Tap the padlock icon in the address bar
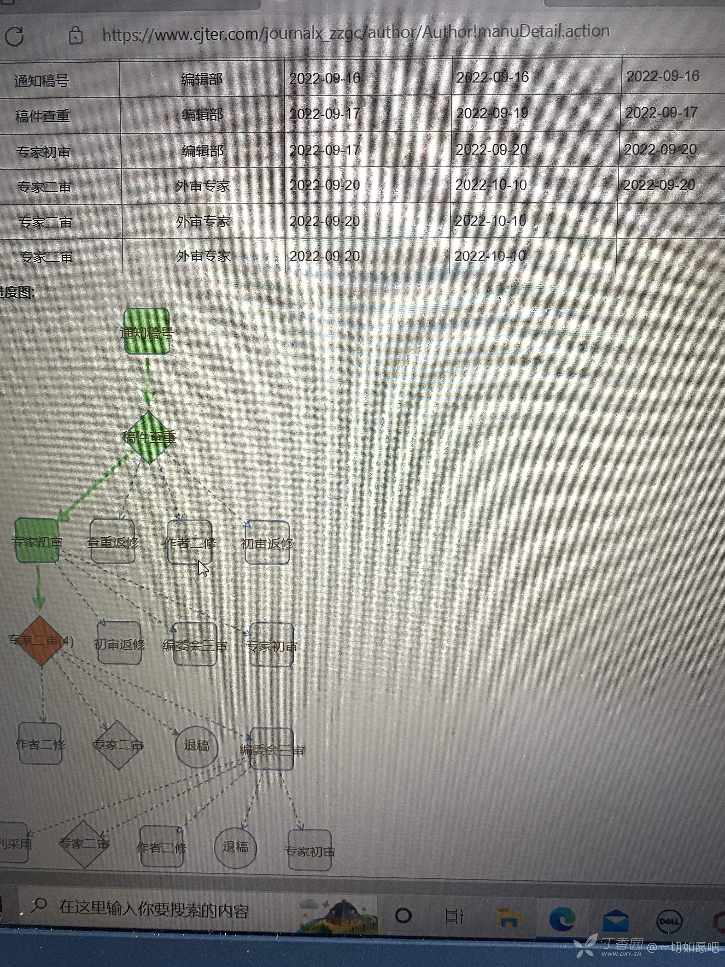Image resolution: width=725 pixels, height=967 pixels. (x=76, y=35)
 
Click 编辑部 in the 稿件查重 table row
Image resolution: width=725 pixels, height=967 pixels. (x=202, y=115)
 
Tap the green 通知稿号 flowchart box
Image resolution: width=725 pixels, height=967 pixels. (x=147, y=332)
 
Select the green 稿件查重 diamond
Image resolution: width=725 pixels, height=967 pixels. (x=149, y=437)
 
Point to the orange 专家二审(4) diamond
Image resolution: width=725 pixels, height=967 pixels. (x=41, y=641)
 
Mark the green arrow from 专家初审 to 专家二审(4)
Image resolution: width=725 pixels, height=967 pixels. (x=38, y=588)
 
